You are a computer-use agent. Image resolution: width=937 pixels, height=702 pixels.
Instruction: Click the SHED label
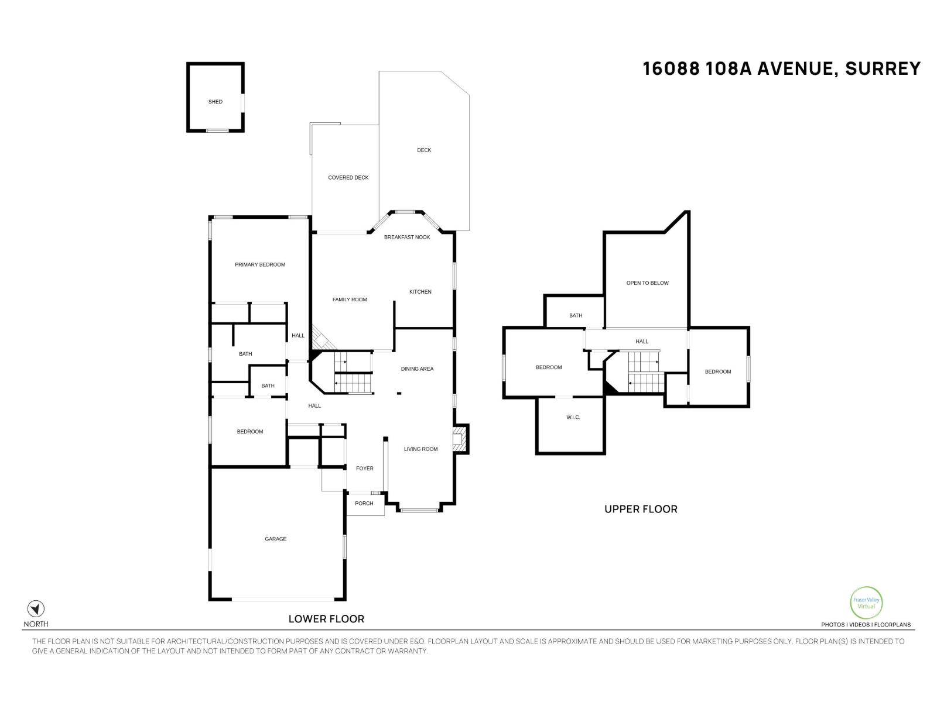[215, 102]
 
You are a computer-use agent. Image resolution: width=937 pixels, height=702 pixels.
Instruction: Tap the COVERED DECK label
[348, 177]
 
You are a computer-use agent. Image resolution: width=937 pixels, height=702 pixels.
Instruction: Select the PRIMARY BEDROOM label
[259, 264]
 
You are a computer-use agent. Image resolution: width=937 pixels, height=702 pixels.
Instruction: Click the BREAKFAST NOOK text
[407, 237]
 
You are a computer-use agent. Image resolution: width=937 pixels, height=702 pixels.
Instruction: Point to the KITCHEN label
[420, 291]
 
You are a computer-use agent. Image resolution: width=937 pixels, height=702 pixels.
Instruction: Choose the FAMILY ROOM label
[350, 300]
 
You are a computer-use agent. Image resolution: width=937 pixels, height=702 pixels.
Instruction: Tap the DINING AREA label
[417, 369]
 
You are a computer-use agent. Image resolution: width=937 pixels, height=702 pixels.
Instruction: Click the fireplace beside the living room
[460, 439]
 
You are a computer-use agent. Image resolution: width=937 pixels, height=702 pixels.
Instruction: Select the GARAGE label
[275, 539]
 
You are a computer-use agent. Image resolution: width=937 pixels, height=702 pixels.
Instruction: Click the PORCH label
[364, 503]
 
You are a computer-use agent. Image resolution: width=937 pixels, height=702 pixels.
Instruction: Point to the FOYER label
[364, 468]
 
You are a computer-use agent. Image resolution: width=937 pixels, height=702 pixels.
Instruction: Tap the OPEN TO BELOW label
[647, 283]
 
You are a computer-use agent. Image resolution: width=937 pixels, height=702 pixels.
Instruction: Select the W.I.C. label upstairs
[573, 417]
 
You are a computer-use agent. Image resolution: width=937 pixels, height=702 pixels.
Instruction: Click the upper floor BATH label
[576, 315]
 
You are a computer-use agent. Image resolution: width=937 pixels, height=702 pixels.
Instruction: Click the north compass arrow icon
[36, 608]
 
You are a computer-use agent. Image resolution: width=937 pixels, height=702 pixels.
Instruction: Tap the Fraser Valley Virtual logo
[866, 603]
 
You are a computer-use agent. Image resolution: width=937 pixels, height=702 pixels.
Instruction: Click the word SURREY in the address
[883, 68]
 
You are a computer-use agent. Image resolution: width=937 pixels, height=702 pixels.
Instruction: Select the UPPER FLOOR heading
[641, 509]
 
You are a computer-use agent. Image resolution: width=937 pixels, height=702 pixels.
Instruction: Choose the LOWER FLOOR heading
[326, 619]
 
